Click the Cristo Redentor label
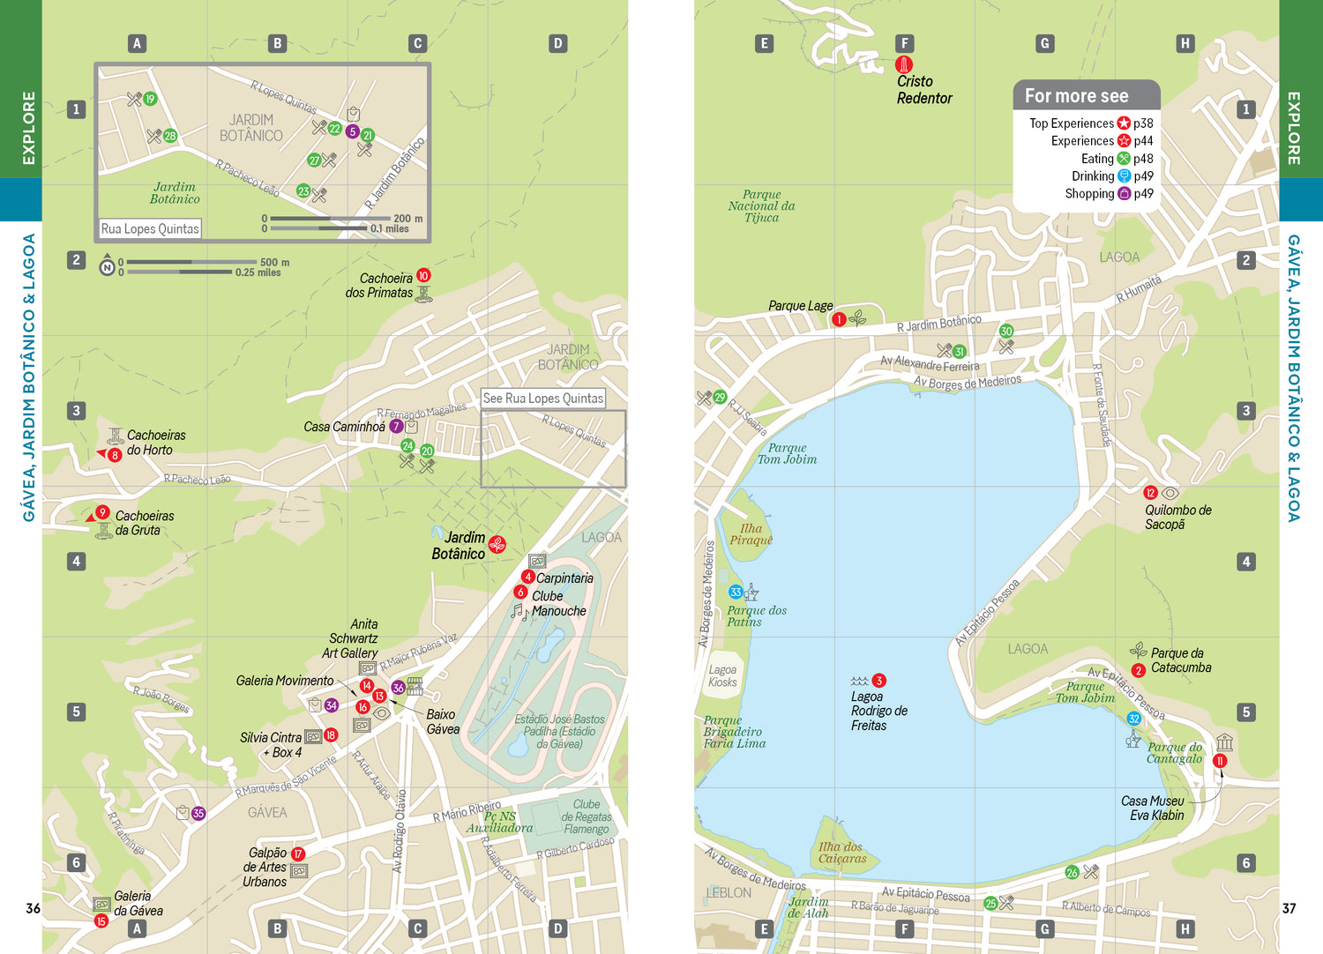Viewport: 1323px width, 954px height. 923,90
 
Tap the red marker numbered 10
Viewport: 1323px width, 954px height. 423,276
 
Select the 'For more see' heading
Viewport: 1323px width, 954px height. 1076,96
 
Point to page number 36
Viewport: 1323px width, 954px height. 33,908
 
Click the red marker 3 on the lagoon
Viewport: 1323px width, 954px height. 878,681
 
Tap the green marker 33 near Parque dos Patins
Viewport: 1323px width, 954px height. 736,593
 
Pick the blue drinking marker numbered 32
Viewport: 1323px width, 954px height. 1134,719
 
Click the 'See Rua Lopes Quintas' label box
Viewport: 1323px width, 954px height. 543,399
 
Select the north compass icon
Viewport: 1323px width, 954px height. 107,267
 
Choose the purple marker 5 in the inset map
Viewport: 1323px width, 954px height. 352,132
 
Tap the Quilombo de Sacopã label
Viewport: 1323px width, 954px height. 1177,518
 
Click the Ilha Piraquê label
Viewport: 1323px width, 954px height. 751,534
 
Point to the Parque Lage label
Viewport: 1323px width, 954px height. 800,306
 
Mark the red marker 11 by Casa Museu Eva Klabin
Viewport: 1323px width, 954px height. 1220,761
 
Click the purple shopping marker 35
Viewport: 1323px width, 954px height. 198,814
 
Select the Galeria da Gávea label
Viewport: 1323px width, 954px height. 138,904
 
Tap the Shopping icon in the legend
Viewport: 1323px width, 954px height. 1124,194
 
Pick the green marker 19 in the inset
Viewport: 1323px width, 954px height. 150,99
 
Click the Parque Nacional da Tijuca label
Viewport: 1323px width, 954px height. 761,206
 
